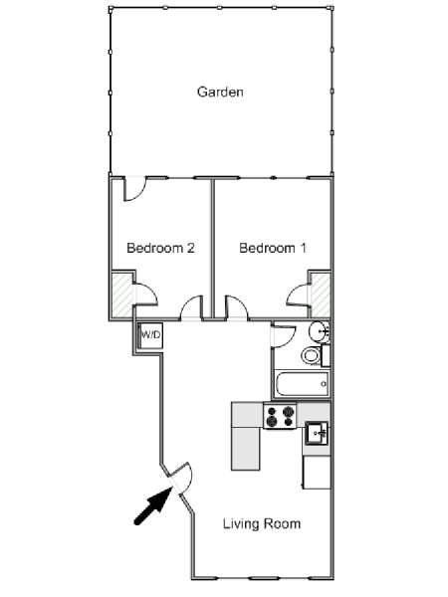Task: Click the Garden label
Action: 220,92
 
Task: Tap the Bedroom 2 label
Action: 160,248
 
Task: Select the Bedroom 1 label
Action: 273,248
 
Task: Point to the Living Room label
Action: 262,523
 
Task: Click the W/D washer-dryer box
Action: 151,335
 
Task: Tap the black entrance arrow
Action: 152,506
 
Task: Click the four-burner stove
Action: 281,416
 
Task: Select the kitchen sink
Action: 316,433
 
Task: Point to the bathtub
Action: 302,384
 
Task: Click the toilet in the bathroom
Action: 312,355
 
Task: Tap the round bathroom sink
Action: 319,331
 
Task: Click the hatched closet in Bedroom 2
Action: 121,296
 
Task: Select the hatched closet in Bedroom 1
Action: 321,296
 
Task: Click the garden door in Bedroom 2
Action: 133,189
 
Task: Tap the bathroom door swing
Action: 284,336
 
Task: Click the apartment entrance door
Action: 181,478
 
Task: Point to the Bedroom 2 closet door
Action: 145,294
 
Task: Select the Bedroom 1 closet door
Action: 298,295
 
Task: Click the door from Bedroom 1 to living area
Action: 236,307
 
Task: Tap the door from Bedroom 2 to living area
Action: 191,307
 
